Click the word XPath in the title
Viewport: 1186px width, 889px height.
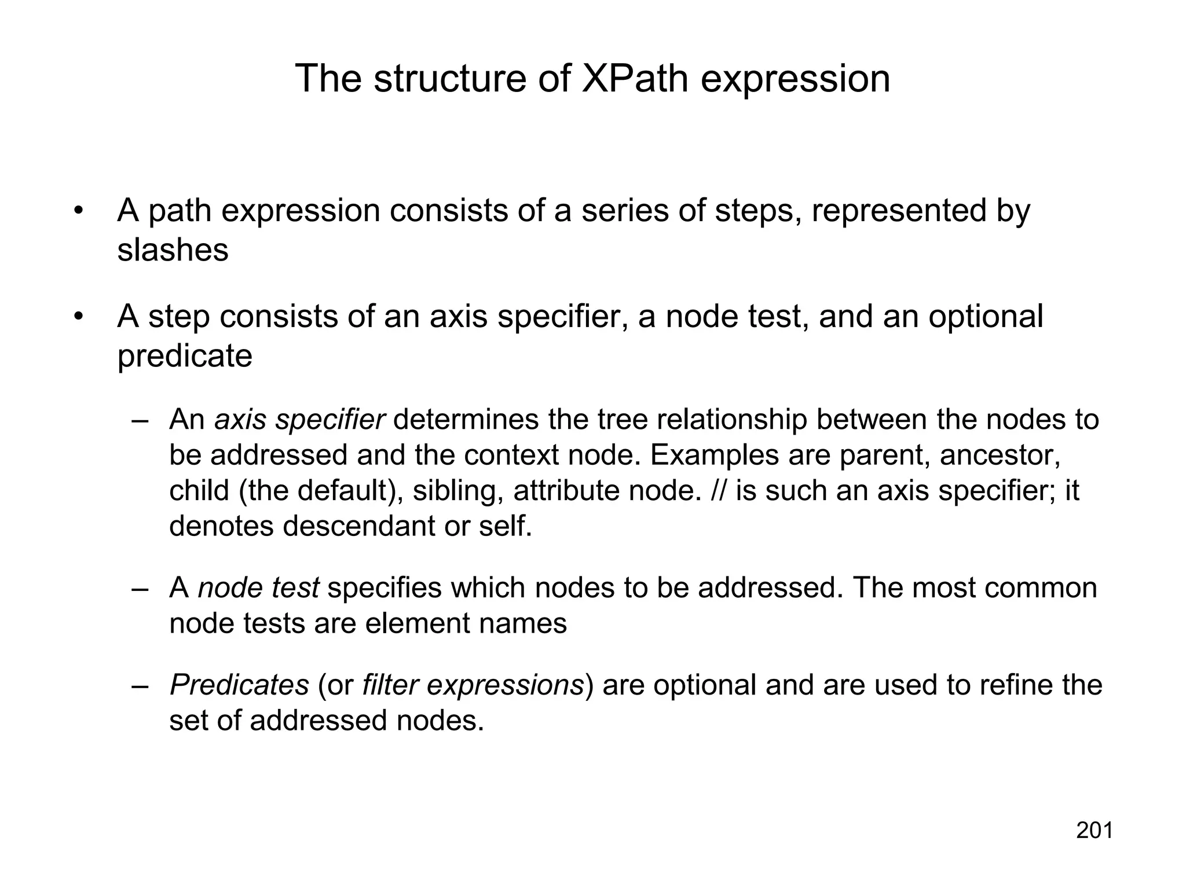click(x=635, y=79)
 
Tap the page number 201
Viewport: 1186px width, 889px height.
click(x=1095, y=831)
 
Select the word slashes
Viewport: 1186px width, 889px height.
click(x=173, y=250)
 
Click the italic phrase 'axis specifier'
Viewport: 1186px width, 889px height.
click(x=299, y=420)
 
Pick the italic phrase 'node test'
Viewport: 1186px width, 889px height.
click(x=258, y=588)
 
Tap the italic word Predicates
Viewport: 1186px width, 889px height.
click(x=239, y=685)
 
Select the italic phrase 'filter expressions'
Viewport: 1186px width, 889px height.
click(x=473, y=685)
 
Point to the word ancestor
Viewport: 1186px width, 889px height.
click(x=1000, y=455)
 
